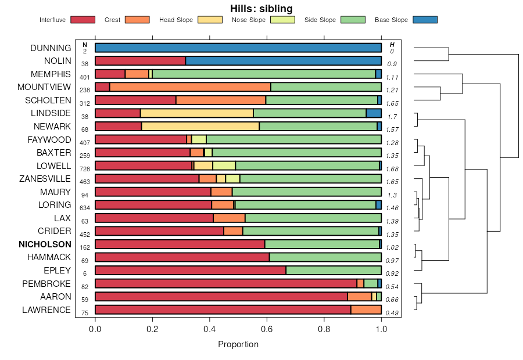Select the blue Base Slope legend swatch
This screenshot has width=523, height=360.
point(425,20)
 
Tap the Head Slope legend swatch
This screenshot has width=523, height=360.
point(210,20)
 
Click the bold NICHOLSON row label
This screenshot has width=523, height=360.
point(45,244)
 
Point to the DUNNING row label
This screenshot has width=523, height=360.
point(51,48)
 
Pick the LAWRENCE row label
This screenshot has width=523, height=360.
point(46,309)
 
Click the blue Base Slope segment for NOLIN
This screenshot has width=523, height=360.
point(283,60)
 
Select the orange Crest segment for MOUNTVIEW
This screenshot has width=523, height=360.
point(190,87)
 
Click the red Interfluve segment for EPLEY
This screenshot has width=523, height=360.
point(190,270)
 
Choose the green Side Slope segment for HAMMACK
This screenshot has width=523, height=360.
point(325,257)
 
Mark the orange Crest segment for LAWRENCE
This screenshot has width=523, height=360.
point(366,309)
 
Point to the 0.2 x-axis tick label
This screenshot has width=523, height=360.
point(152,329)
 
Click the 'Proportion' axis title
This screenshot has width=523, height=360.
point(238,344)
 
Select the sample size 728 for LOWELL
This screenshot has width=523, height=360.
point(85,168)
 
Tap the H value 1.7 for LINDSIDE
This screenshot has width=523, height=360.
point(392,116)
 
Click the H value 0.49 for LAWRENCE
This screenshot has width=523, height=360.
point(392,314)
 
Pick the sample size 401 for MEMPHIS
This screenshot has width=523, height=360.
point(85,77)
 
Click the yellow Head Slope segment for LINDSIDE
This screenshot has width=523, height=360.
point(196,113)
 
